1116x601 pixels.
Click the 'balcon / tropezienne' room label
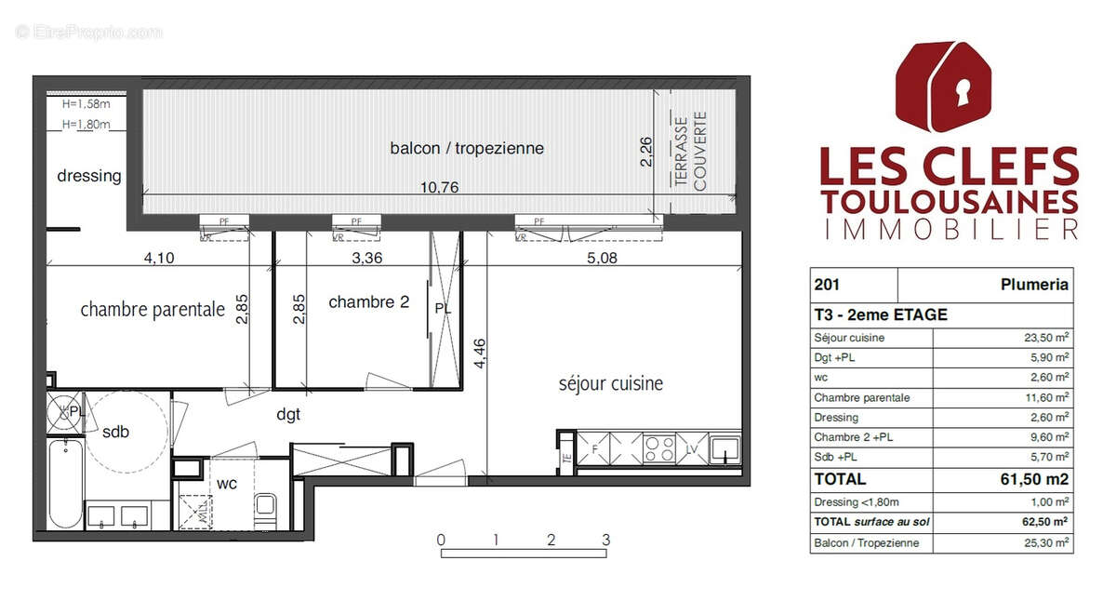pos(467,148)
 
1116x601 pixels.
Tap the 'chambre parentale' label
pos(153,309)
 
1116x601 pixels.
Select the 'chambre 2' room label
pos(369,301)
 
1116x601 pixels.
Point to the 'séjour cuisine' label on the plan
pos(610,383)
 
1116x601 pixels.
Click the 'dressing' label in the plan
pos(89,175)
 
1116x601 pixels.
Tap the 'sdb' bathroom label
pos(115,431)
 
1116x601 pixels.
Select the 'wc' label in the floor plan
pos(227,483)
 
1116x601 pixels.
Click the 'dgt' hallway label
pos(288,415)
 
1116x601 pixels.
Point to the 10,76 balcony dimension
pos(440,186)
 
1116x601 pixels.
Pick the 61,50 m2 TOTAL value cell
pos(1034,479)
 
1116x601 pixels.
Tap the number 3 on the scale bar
pos(605,540)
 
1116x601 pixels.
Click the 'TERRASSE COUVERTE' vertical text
pos(691,152)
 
